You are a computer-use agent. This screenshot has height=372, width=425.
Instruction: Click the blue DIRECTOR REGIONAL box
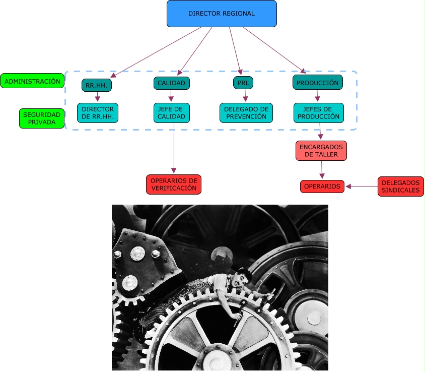222,14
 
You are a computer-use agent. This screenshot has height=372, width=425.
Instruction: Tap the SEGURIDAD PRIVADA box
42,118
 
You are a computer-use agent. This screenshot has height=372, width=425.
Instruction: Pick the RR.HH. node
97,86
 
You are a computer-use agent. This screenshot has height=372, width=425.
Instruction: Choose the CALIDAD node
171,83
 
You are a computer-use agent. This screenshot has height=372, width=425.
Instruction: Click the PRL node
243,82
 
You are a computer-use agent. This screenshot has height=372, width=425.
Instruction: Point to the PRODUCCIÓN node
317,83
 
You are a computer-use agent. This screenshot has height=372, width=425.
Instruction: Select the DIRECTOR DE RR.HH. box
98,113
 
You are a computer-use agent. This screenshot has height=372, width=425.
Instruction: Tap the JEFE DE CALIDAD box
171,113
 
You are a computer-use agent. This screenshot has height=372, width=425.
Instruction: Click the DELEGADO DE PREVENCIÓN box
246,113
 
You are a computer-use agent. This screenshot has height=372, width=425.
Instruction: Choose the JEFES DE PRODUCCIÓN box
318,113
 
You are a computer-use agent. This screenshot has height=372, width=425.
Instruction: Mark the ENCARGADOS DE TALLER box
321,151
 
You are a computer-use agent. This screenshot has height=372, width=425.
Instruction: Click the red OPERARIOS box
322,187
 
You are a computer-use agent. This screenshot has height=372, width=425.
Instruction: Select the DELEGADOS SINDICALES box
401,187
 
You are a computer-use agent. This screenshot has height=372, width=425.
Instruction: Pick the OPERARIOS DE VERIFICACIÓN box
174,184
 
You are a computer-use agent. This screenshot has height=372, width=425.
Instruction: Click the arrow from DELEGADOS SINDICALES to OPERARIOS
362,187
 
